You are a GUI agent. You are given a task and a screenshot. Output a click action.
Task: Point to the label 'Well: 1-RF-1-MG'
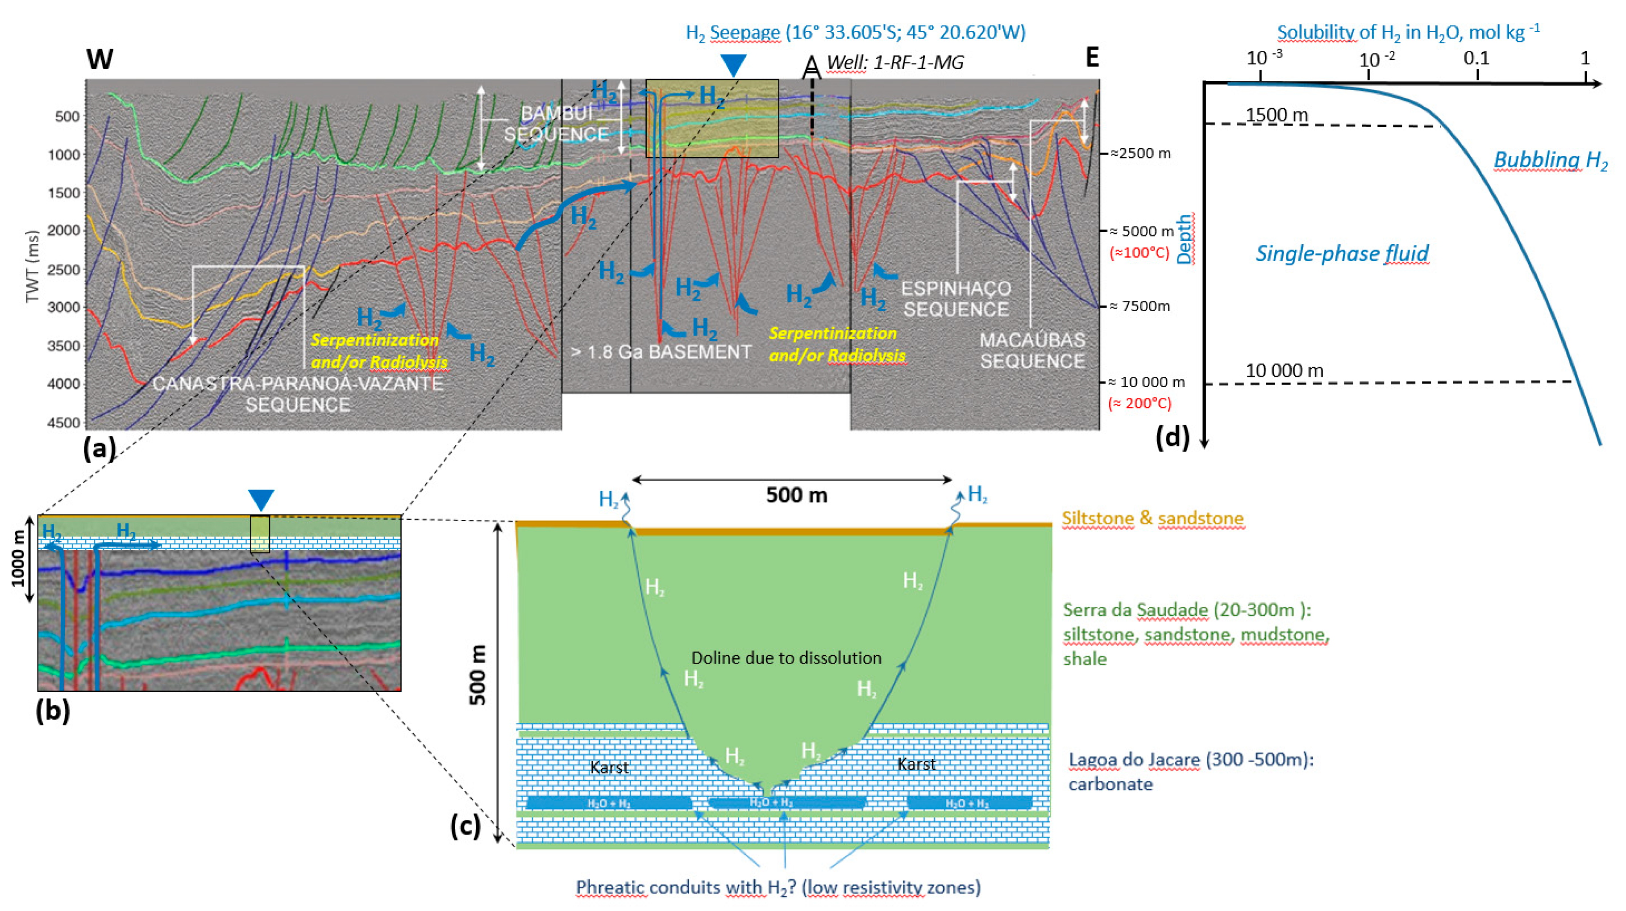coord(895,62)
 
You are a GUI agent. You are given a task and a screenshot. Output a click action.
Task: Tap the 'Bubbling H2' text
coord(1550,161)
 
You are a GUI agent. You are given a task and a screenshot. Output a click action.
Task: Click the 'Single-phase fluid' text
coord(1341,254)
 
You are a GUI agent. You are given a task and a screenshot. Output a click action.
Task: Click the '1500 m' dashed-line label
coord(1277,115)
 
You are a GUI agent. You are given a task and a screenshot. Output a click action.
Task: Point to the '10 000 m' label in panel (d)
coord(1284,371)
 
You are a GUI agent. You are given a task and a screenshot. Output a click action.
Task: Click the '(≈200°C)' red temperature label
coord(1139,403)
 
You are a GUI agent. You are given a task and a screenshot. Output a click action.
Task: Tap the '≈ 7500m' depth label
coord(1140,306)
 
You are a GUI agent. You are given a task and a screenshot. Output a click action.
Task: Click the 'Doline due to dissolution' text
coord(786,658)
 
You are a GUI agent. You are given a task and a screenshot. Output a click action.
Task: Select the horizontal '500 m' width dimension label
coord(797,495)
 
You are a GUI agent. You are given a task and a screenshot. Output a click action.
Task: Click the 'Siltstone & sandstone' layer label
coord(1152,518)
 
